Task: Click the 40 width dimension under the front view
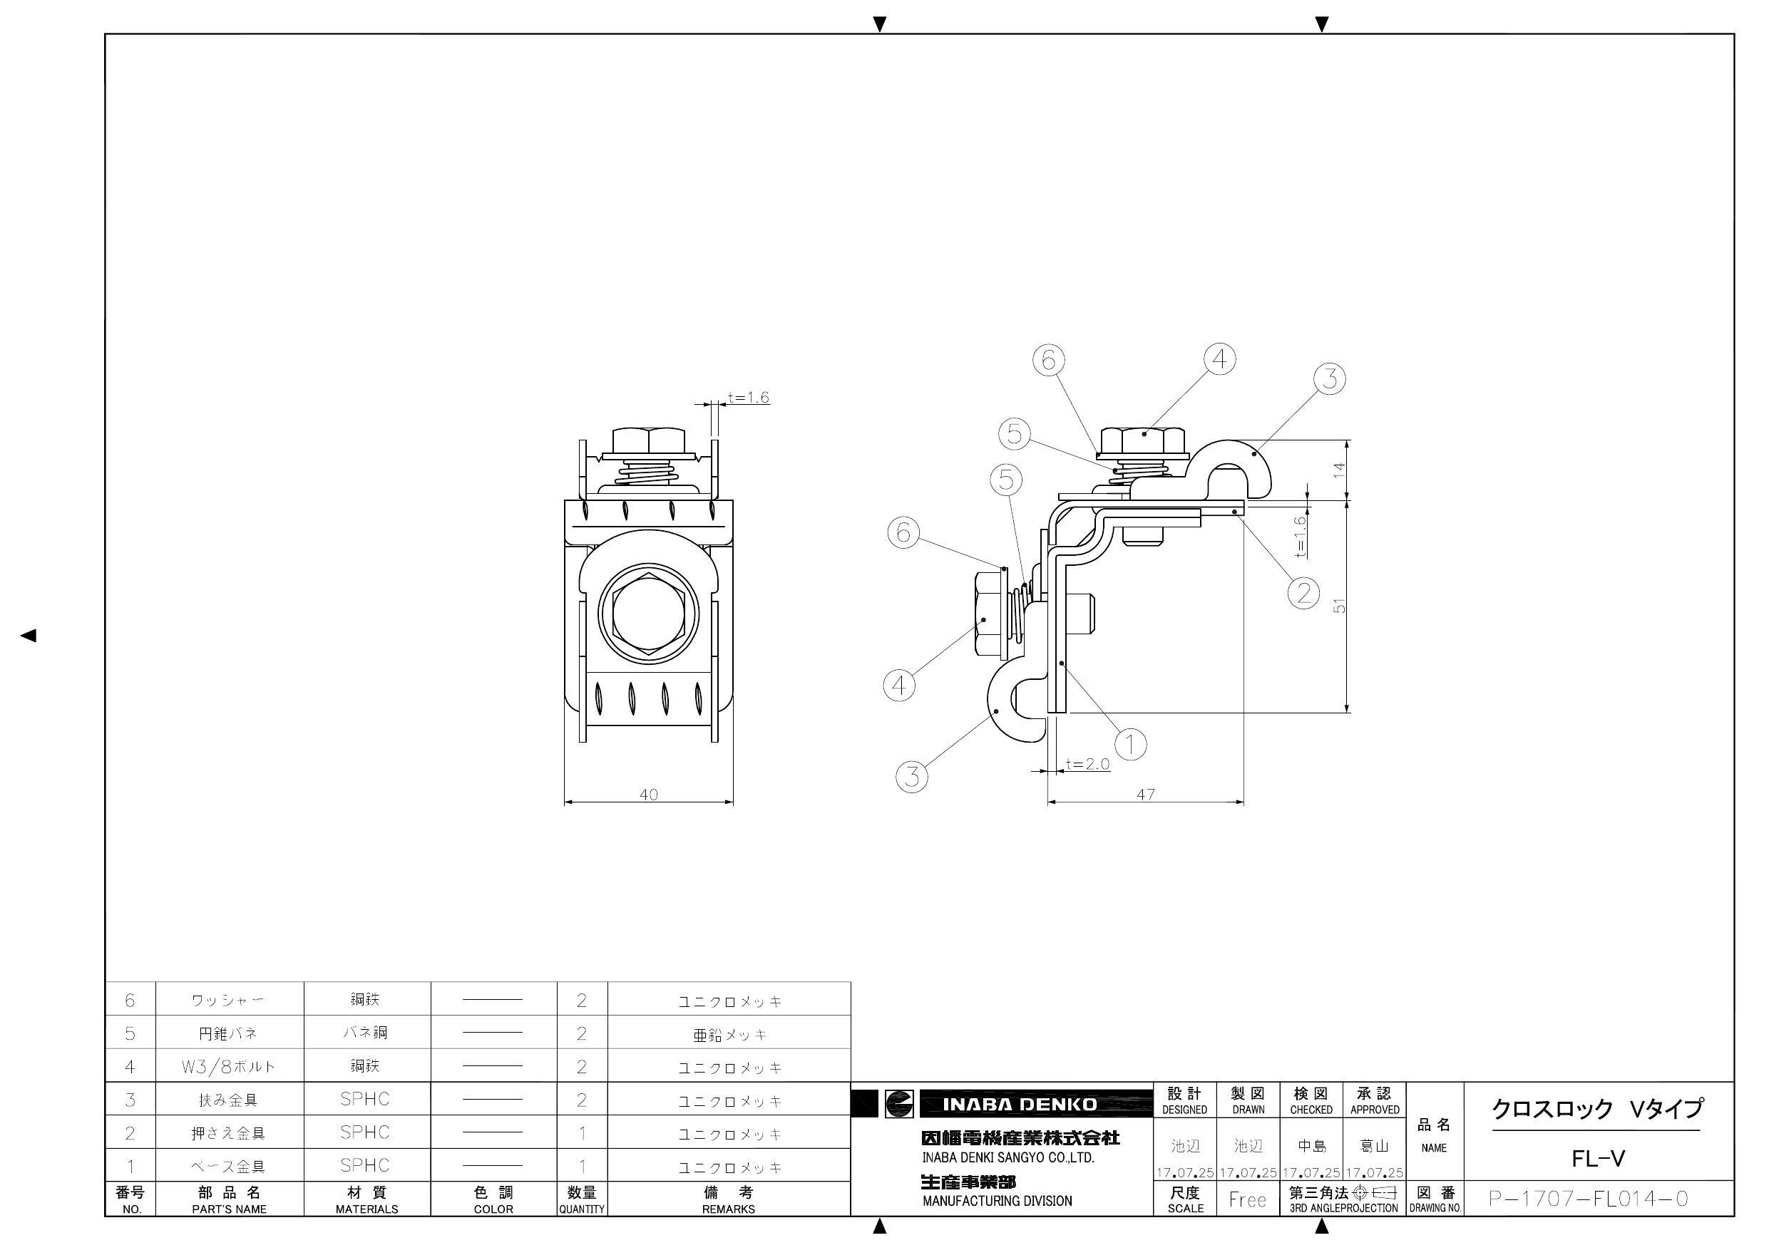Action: click(649, 794)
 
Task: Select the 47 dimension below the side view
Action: click(1146, 794)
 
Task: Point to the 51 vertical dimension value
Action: click(1340, 606)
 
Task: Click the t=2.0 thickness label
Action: click(1088, 764)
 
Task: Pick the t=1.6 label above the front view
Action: click(748, 398)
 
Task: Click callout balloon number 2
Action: click(1303, 593)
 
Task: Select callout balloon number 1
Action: click(1130, 744)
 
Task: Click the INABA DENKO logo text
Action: click(1020, 1105)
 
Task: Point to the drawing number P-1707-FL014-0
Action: click(1588, 1199)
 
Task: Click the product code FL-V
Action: click(1598, 1159)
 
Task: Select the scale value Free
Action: click(1247, 1200)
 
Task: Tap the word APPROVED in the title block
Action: click(1375, 1110)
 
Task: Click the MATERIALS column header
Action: click(366, 1209)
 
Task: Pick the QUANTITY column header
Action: click(582, 1209)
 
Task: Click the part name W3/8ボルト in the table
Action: click(228, 1067)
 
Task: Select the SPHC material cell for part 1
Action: click(365, 1165)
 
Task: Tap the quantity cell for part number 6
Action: click(582, 1000)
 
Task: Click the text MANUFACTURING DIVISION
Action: click(997, 1201)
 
